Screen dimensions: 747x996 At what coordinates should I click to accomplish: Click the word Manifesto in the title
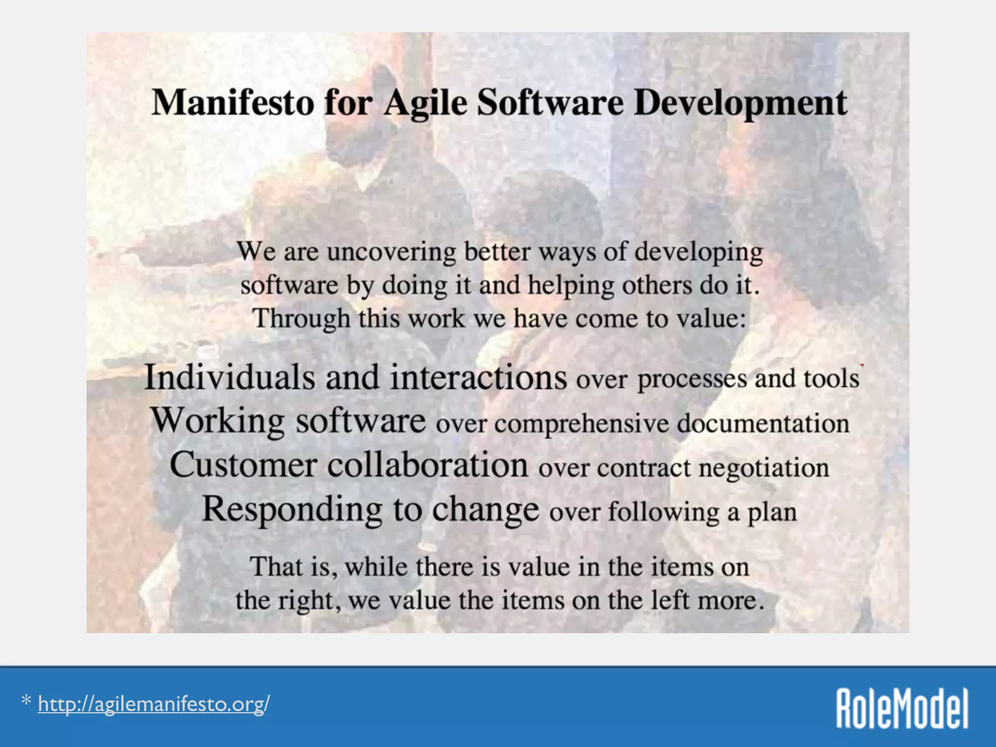coord(232,103)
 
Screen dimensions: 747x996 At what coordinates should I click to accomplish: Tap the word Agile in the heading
coord(425,103)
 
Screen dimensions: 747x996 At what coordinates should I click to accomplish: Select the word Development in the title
coord(740,103)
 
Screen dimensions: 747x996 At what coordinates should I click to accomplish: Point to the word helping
coord(571,285)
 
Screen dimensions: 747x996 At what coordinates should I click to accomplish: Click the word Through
coord(301,319)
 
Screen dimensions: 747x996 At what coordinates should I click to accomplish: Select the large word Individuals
coord(230,377)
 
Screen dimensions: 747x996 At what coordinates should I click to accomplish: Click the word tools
coord(831,378)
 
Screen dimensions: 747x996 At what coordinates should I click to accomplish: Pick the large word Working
coord(217,421)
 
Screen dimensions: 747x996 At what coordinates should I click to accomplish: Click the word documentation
coord(763,423)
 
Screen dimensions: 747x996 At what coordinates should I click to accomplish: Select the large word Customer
coord(243,465)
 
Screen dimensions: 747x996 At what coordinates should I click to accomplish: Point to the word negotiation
coord(764,468)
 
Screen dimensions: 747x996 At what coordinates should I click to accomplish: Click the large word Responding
coord(292,509)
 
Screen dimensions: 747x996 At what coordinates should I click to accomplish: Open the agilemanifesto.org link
coord(154,704)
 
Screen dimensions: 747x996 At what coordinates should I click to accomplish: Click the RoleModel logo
coord(902,708)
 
